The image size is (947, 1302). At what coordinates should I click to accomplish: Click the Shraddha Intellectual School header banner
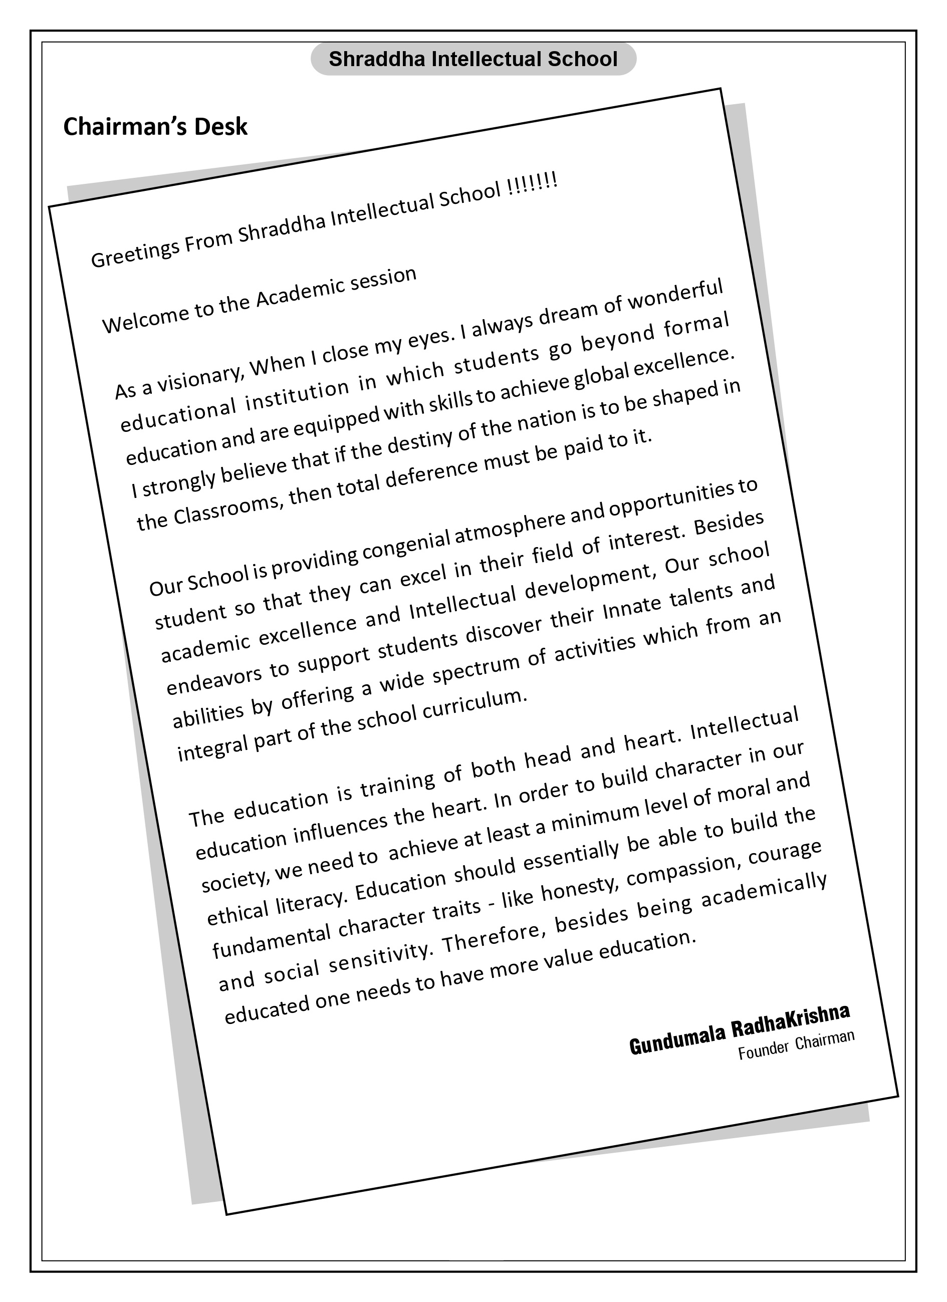[x=472, y=59]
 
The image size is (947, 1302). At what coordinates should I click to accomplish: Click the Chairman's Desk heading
[x=155, y=127]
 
